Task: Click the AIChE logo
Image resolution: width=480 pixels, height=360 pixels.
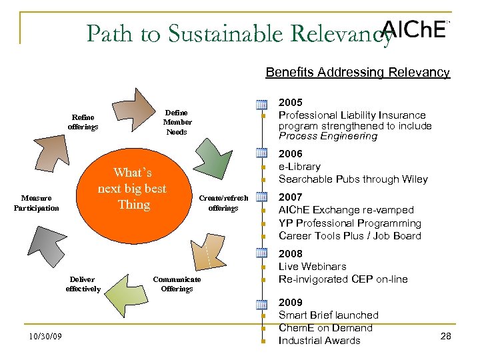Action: point(413,29)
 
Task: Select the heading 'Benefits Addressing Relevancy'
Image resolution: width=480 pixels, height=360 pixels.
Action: point(357,72)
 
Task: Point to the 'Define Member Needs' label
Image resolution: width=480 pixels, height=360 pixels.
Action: point(177,122)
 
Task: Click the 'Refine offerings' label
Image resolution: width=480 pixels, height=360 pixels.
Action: point(83,122)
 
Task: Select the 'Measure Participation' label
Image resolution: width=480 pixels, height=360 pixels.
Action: point(36,203)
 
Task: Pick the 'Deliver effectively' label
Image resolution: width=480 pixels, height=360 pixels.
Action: point(83,284)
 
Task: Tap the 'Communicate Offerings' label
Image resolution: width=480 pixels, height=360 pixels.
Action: point(177,284)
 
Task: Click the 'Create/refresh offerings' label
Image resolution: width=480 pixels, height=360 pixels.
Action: point(223,203)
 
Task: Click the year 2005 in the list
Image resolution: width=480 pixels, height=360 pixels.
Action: point(291,103)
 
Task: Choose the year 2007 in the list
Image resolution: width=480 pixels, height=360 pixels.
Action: point(291,197)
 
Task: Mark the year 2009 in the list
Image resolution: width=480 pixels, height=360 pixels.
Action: point(291,303)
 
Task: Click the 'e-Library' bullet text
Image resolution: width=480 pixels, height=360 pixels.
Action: point(299,167)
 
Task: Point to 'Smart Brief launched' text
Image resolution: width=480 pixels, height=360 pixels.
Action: point(328,315)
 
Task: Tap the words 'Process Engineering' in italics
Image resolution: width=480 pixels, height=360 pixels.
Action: point(327,136)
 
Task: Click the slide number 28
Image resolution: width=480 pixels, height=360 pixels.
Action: point(446,336)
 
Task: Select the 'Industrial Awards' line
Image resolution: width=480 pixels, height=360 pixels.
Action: point(319,341)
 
